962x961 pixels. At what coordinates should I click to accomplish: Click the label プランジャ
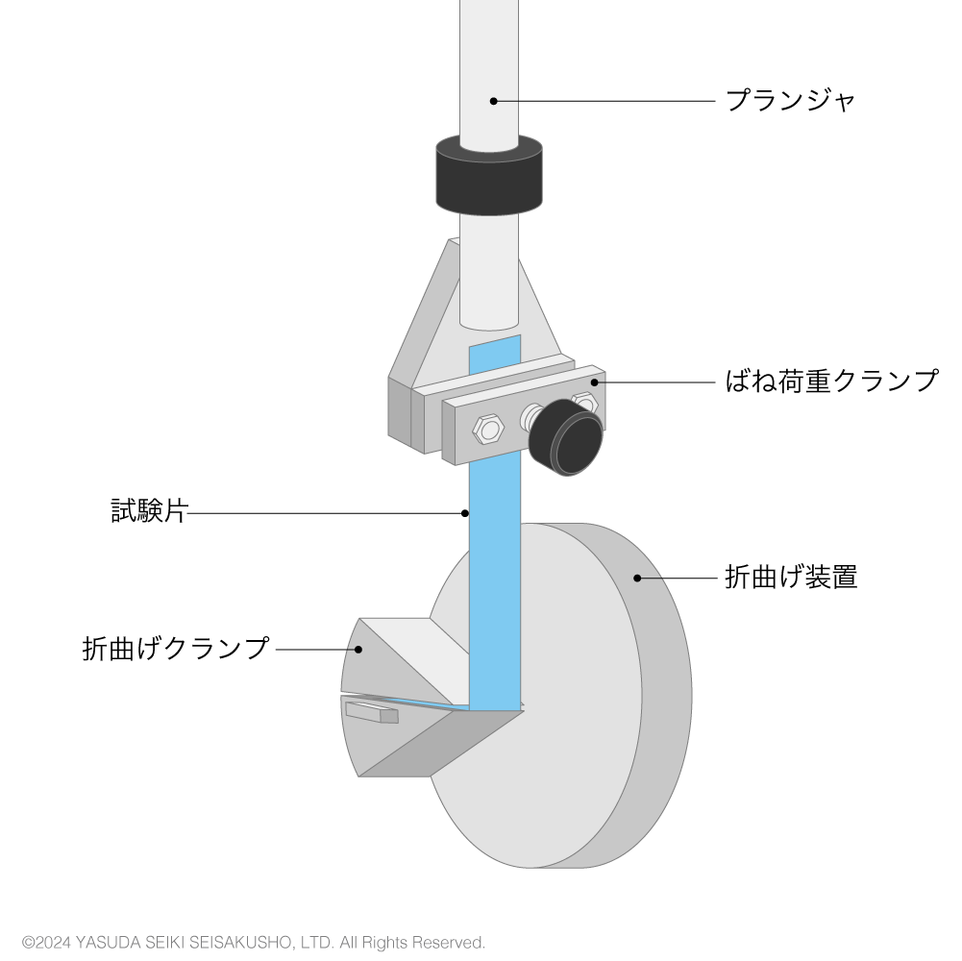click(790, 100)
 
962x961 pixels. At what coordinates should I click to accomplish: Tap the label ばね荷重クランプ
click(831, 381)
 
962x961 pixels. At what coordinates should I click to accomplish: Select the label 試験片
click(149, 511)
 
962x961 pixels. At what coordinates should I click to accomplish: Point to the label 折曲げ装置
click(791, 577)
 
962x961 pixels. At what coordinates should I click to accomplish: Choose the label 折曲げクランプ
click(176, 648)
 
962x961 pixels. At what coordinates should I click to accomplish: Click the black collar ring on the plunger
click(489, 175)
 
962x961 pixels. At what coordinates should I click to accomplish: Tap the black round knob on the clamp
click(566, 437)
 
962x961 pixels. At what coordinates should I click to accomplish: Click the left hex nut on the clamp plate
click(488, 429)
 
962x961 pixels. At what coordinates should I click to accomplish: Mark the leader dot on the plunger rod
click(493, 101)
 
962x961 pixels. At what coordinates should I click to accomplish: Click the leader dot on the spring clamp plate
click(594, 382)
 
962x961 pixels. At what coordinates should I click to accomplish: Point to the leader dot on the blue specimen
click(465, 513)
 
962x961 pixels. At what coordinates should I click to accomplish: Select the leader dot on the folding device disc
click(637, 579)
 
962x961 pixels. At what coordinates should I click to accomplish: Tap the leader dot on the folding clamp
click(358, 650)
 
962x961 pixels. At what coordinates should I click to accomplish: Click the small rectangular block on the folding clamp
click(372, 712)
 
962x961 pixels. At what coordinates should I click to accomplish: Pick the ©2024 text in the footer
click(47, 942)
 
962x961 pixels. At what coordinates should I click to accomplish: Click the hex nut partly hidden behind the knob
click(584, 403)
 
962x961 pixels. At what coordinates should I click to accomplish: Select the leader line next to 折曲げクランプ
click(315, 650)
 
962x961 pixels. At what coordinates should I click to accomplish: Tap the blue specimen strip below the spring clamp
click(495, 583)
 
